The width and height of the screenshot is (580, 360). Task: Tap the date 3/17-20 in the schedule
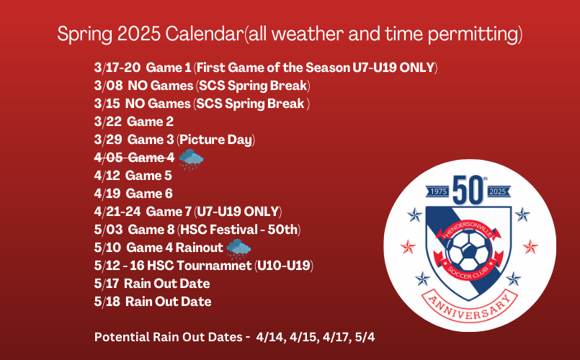tap(117, 68)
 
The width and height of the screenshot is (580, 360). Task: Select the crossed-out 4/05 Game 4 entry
tap(134, 158)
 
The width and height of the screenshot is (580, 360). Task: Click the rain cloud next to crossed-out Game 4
tap(191, 160)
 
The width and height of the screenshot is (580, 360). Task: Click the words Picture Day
tap(215, 140)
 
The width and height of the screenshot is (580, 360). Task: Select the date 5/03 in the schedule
tap(108, 230)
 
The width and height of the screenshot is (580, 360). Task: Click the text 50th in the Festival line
tap(282, 230)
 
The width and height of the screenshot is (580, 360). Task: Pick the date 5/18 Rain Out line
tap(153, 302)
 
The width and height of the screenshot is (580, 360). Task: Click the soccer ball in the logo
tap(469, 250)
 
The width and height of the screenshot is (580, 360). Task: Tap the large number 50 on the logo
tap(468, 190)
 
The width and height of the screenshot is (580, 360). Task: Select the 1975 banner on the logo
tap(439, 192)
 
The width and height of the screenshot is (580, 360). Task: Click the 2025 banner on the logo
tap(498, 192)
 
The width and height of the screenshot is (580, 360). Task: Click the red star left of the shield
tap(408, 247)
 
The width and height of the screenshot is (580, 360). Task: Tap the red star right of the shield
tap(530, 247)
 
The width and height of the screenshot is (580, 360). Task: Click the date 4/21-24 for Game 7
tap(117, 212)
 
